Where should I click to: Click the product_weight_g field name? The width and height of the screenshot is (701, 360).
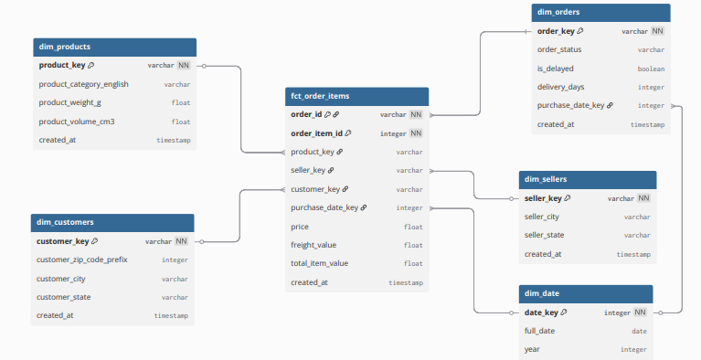[x=70, y=102]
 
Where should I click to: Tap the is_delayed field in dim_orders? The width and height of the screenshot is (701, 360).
[x=555, y=69]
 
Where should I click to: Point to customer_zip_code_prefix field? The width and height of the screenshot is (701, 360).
[x=81, y=259]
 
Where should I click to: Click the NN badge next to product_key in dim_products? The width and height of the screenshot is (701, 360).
[x=184, y=66]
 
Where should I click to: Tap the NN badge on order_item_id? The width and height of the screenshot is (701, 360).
[x=416, y=133]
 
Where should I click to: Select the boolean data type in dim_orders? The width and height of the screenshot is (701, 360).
[x=651, y=69]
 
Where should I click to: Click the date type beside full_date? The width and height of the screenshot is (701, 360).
[x=639, y=331]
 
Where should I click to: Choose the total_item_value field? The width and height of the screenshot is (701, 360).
[x=320, y=264]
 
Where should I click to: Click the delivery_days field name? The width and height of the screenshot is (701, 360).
[x=561, y=87]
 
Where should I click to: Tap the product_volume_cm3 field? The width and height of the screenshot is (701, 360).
[x=77, y=122]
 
